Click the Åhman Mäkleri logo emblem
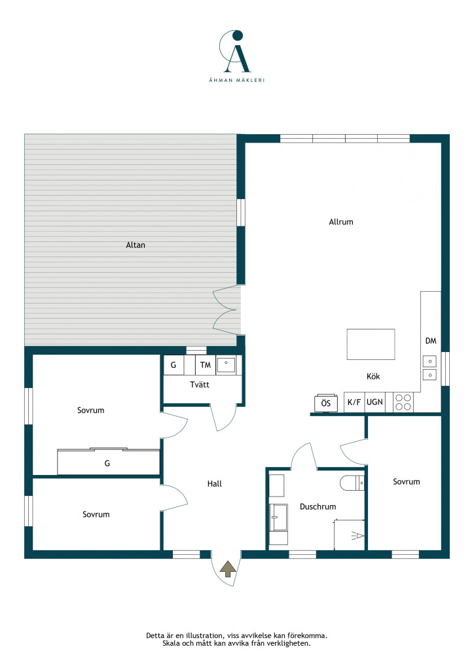coord(236,51)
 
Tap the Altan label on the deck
coord(136,245)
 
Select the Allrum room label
coord(341,222)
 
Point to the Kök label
coord(373,376)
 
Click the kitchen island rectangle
coord(371,344)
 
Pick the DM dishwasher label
coord(431,340)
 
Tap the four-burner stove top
coord(403,402)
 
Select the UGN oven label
coord(375,402)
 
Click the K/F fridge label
coord(354,402)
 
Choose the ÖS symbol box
coord(325,403)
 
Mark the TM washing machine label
coord(206,365)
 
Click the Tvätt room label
coord(200,385)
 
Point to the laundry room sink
coord(227,365)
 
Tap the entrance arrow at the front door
coord(227,569)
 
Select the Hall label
coord(215,484)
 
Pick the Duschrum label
coord(318,506)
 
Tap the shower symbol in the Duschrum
coord(357,535)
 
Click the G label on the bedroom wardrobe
coord(107,463)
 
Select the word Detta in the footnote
coord(155,635)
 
